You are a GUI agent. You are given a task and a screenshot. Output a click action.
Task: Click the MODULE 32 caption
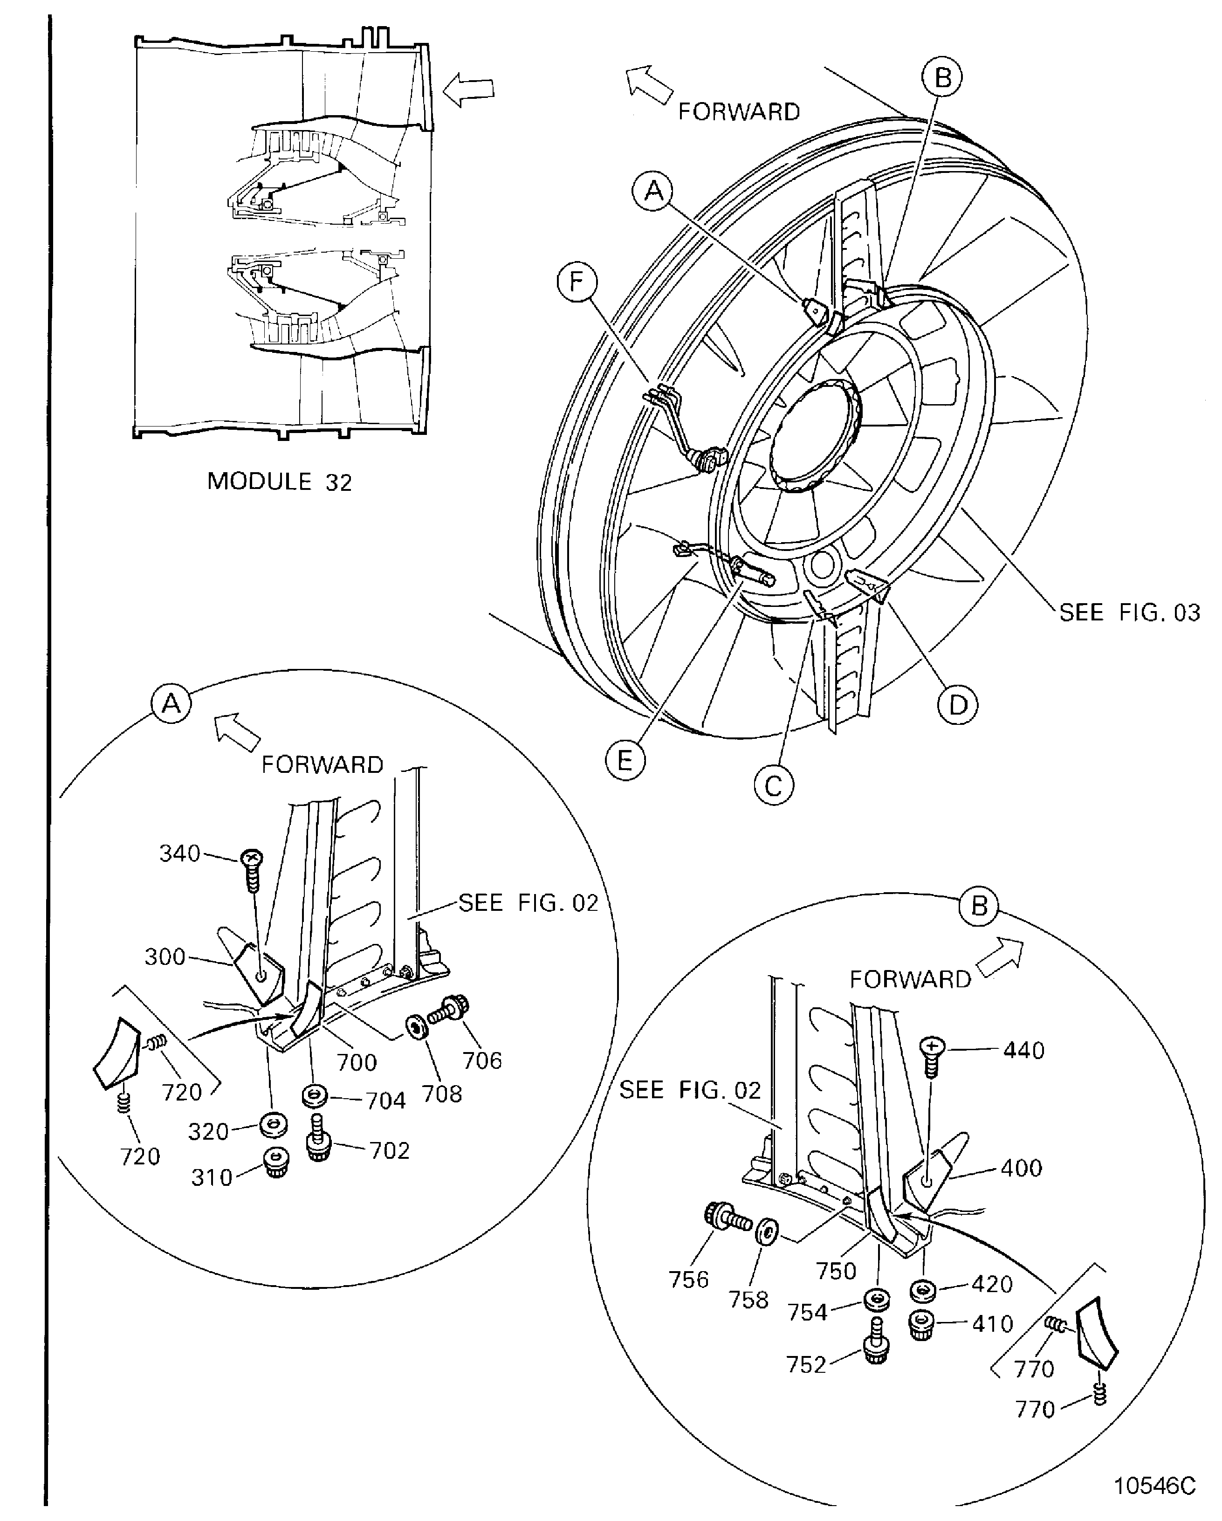click(279, 482)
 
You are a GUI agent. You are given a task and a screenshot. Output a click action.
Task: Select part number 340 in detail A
click(180, 853)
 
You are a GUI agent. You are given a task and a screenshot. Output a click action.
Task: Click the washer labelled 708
click(416, 1028)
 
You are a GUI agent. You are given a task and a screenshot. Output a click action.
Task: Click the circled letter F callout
click(577, 282)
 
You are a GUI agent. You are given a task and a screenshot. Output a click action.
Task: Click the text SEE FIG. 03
click(1129, 613)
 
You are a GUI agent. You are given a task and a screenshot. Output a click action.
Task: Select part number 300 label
click(165, 957)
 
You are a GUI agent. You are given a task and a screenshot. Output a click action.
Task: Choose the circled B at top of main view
click(943, 77)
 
